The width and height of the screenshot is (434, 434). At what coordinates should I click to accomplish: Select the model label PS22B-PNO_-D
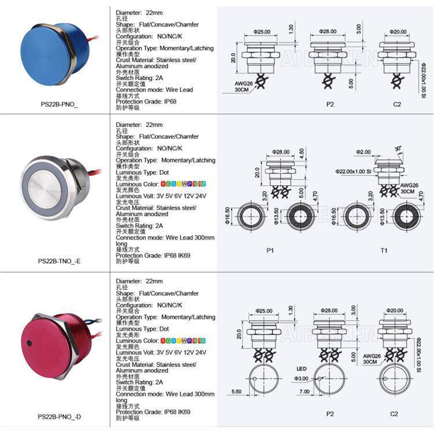[x=59, y=416]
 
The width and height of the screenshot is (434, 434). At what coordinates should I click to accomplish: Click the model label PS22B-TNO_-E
[x=59, y=260]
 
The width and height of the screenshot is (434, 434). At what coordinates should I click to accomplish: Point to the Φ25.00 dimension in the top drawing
[x=262, y=32]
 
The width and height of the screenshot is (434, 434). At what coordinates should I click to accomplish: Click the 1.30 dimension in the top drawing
[x=291, y=29]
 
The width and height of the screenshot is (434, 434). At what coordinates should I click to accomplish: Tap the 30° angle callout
[x=398, y=149]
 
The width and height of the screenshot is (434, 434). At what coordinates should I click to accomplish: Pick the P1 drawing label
[x=270, y=250]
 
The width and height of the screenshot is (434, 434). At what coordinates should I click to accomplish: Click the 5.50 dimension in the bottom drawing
[x=235, y=392]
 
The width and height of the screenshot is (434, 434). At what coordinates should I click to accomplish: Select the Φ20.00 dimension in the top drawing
[x=398, y=32]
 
